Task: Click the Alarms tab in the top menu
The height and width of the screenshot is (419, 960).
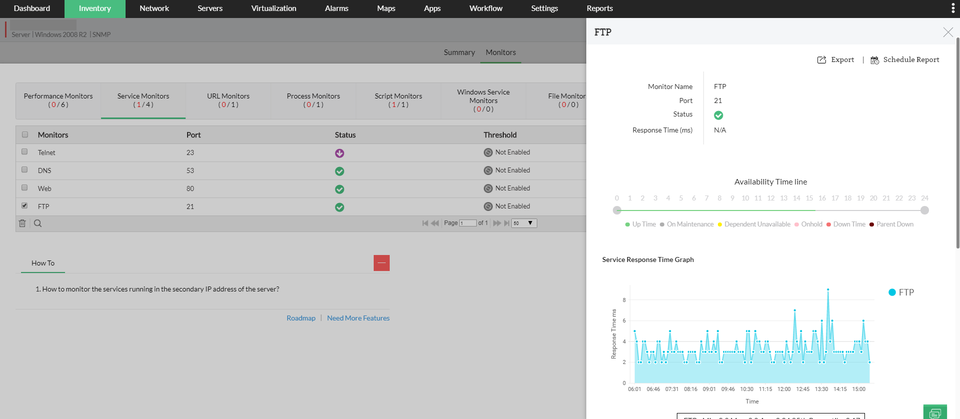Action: click(x=336, y=8)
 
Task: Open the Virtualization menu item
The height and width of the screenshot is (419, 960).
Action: click(x=274, y=8)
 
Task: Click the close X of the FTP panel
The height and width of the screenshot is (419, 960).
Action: click(x=947, y=32)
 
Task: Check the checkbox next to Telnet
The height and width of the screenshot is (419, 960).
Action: click(x=25, y=152)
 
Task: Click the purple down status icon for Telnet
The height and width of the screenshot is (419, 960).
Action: click(x=340, y=153)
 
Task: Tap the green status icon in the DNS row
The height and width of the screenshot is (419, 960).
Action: click(x=340, y=171)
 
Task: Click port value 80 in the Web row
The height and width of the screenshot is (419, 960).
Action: click(x=190, y=188)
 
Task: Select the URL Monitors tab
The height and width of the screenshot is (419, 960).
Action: click(x=228, y=100)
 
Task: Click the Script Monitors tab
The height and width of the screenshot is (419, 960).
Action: click(x=398, y=100)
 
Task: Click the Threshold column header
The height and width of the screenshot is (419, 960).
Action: click(x=500, y=135)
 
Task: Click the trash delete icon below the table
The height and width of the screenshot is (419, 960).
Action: click(x=23, y=223)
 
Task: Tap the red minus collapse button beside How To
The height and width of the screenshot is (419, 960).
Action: click(x=381, y=263)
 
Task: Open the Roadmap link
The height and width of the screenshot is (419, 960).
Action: click(x=301, y=318)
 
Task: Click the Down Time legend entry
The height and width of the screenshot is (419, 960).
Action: click(x=848, y=224)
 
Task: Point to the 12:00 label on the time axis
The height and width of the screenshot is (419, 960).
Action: click(x=784, y=389)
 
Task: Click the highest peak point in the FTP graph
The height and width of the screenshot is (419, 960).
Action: click(x=828, y=289)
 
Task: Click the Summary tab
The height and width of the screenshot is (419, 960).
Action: click(x=459, y=52)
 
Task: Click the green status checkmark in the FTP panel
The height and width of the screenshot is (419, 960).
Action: click(x=718, y=115)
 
